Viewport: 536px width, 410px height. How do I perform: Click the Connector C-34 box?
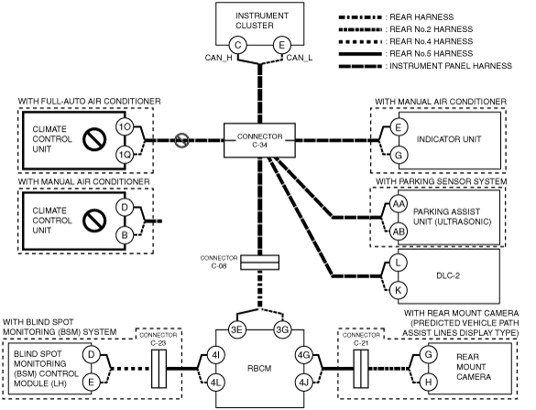[x=259, y=140]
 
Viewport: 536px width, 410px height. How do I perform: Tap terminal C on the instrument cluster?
[x=237, y=45]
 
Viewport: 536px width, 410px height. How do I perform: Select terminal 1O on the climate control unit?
[x=125, y=127]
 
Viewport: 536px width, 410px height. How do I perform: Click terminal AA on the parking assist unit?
[x=399, y=204]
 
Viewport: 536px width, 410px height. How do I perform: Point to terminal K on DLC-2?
[x=398, y=290]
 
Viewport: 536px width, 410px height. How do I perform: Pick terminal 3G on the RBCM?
[x=282, y=329]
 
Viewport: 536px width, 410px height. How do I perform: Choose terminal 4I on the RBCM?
[x=215, y=355]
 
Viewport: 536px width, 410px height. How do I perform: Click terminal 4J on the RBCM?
[x=303, y=383]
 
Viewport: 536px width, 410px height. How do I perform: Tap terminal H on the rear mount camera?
[x=428, y=383]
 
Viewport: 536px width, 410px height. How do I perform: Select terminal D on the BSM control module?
[x=91, y=354]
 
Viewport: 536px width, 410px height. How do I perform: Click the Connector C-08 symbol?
[x=260, y=263]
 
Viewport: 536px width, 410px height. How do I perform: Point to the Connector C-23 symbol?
[x=159, y=369]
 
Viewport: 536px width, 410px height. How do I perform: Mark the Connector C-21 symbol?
[x=361, y=369]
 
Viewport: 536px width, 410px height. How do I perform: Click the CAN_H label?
[x=218, y=58]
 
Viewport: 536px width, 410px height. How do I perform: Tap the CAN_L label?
[x=299, y=58]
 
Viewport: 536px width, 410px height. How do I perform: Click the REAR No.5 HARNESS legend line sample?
[x=360, y=54]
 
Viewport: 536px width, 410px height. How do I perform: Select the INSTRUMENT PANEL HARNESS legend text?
[x=451, y=66]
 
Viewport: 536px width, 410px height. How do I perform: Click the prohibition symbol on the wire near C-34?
[x=181, y=140]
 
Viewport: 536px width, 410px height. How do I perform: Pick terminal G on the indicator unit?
[x=399, y=155]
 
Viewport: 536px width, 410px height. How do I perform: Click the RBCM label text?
[x=259, y=369]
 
